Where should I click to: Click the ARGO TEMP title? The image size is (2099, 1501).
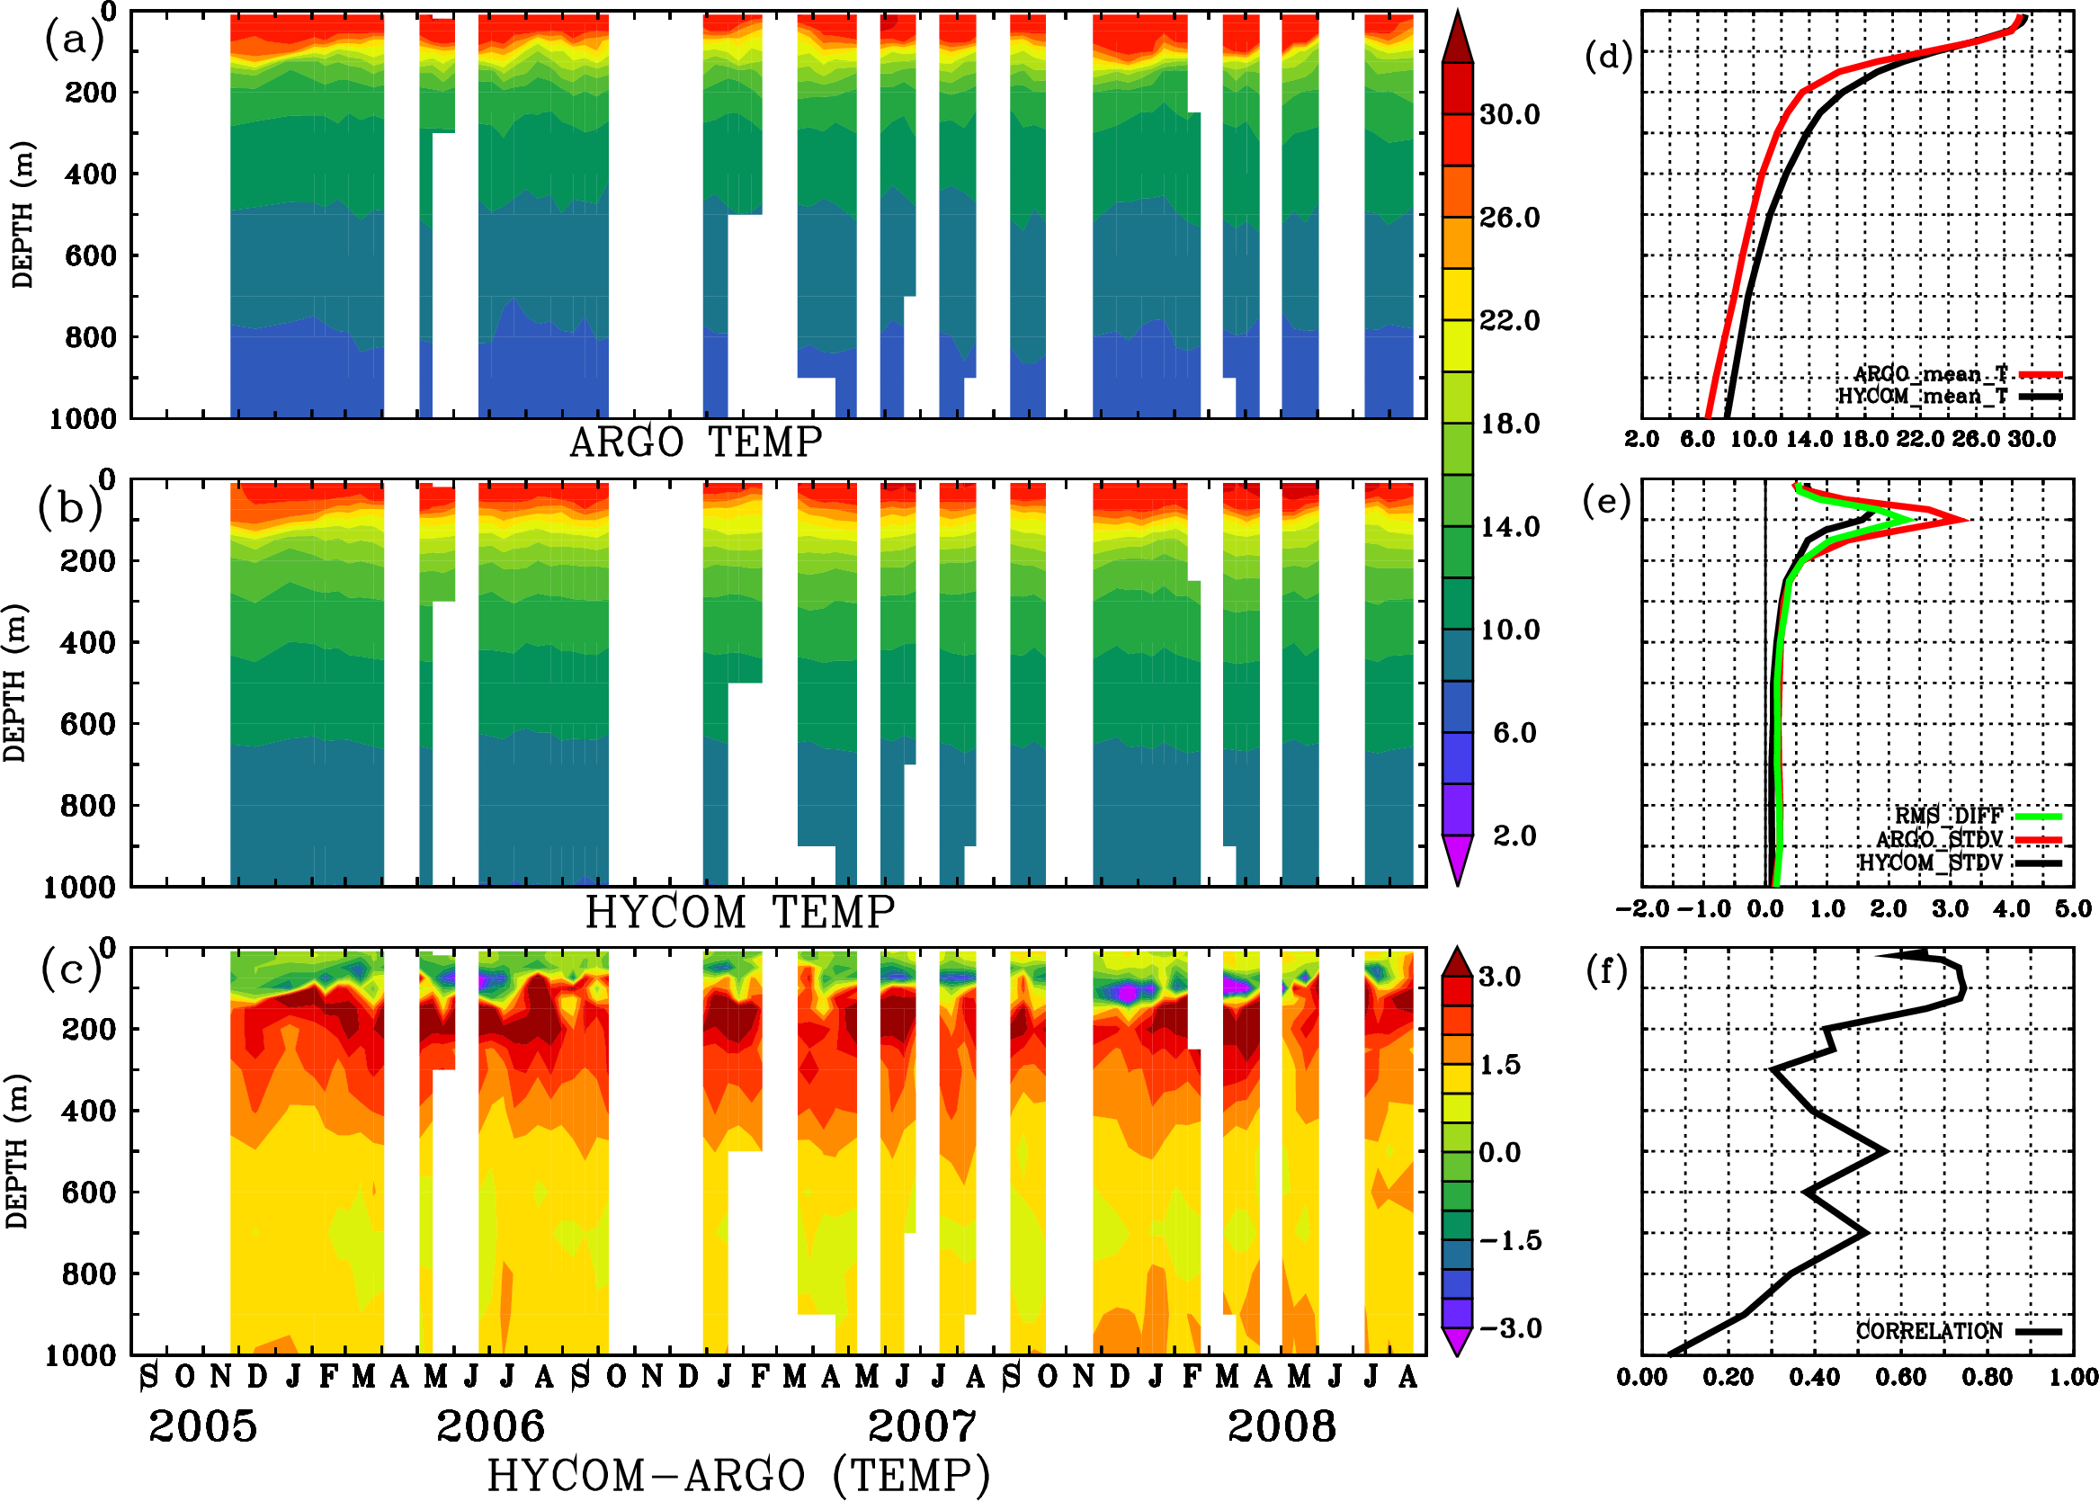click(x=695, y=442)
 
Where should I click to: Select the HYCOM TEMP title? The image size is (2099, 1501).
click(x=740, y=912)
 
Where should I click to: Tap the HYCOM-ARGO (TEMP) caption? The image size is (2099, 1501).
click(x=738, y=1474)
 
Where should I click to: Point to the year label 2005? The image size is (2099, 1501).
click(x=202, y=1426)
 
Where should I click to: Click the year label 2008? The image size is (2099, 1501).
click(x=1281, y=1426)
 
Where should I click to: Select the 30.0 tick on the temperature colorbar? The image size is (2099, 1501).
click(x=1509, y=114)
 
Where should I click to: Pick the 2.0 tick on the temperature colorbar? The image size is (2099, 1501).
click(x=1514, y=835)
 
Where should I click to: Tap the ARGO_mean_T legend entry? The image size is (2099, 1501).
click(x=1931, y=373)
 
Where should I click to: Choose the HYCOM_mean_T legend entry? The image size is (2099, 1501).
click(x=1923, y=396)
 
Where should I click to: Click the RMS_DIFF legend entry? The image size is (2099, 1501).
click(x=1948, y=815)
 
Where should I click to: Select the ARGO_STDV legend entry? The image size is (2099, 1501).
click(x=1939, y=838)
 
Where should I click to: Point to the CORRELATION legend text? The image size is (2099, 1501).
click(x=1929, y=1331)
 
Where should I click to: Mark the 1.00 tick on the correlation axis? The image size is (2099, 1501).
click(x=2073, y=1377)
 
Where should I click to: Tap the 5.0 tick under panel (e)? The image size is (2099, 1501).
click(x=2073, y=908)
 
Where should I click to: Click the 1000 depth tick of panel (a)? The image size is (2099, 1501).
click(x=83, y=419)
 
